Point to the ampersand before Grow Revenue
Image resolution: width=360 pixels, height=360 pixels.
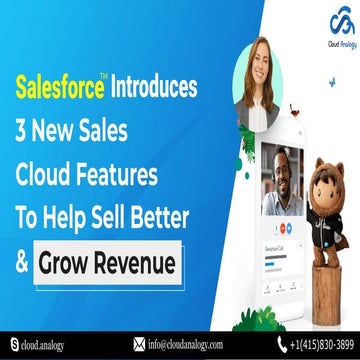tap(21, 265)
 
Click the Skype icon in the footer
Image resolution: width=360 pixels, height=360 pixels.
tap(13, 345)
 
